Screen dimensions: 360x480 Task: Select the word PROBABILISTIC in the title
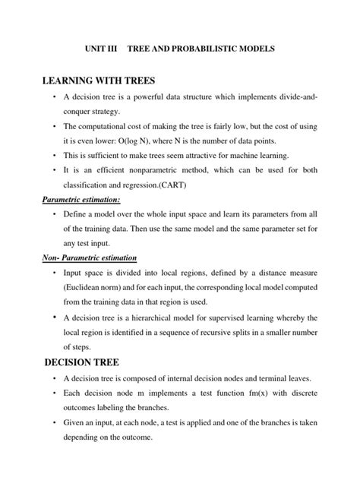(x=208, y=49)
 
